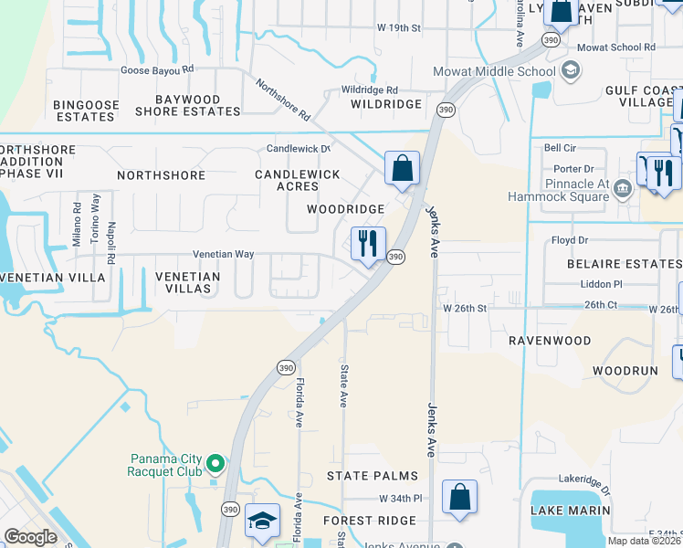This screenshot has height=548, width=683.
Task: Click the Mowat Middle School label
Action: pyautogui.click(x=494, y=71)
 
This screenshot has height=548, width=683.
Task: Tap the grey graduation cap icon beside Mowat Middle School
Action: pyautogui.click(x=571, y=70)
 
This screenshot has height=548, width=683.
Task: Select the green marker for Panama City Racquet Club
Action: pyautogui.click(x=215, y=465)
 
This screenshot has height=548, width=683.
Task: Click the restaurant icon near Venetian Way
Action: pyautogui.click(x=369, y=244)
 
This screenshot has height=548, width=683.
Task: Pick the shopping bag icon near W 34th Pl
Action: pyautogui.click(x=460, y=498)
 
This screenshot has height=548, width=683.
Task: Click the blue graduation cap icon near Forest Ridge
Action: pyautogui.click(x=262, y=522)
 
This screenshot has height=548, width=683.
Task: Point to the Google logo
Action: pyautogui.click(x=30, y=536)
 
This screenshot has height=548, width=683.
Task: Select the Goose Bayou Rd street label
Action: pyautogui.click(x=158, y=69)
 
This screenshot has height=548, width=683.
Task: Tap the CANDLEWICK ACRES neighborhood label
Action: pyautogui.click(x=297, y=180)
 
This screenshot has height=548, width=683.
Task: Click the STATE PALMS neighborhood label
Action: pyautogui.click(x=373, y=476)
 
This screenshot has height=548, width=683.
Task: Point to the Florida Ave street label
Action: pyautogui.click(x=299, y=404)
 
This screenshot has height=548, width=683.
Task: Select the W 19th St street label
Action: pyautogui.click(x=398, y=28)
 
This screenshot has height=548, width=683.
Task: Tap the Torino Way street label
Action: pyautogui.click(x=94, y=215)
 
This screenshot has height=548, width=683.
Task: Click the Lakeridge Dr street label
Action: pyautogui.click(x=599, y=478)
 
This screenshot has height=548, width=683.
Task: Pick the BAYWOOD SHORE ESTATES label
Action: pyautogui.click(x=188, y=105)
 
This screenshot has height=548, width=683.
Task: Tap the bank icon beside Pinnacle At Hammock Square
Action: pyautogui.click(x=623, y=189)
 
